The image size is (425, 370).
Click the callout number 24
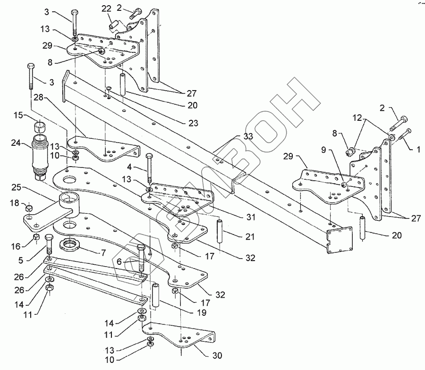[16, 142]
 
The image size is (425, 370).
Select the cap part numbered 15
[40, 126]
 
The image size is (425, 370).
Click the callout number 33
[247, 136]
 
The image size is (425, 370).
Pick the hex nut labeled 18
[29, 208]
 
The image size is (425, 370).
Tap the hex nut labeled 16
[36, 237]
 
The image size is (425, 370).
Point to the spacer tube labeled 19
[155, 295]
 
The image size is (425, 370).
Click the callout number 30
[217, 355]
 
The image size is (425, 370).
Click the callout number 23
[193, 123]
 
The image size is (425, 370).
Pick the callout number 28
[39, 97]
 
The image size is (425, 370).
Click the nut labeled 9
[343, 185]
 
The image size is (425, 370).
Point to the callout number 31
[251, 217]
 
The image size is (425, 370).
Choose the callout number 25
[16, 187]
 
